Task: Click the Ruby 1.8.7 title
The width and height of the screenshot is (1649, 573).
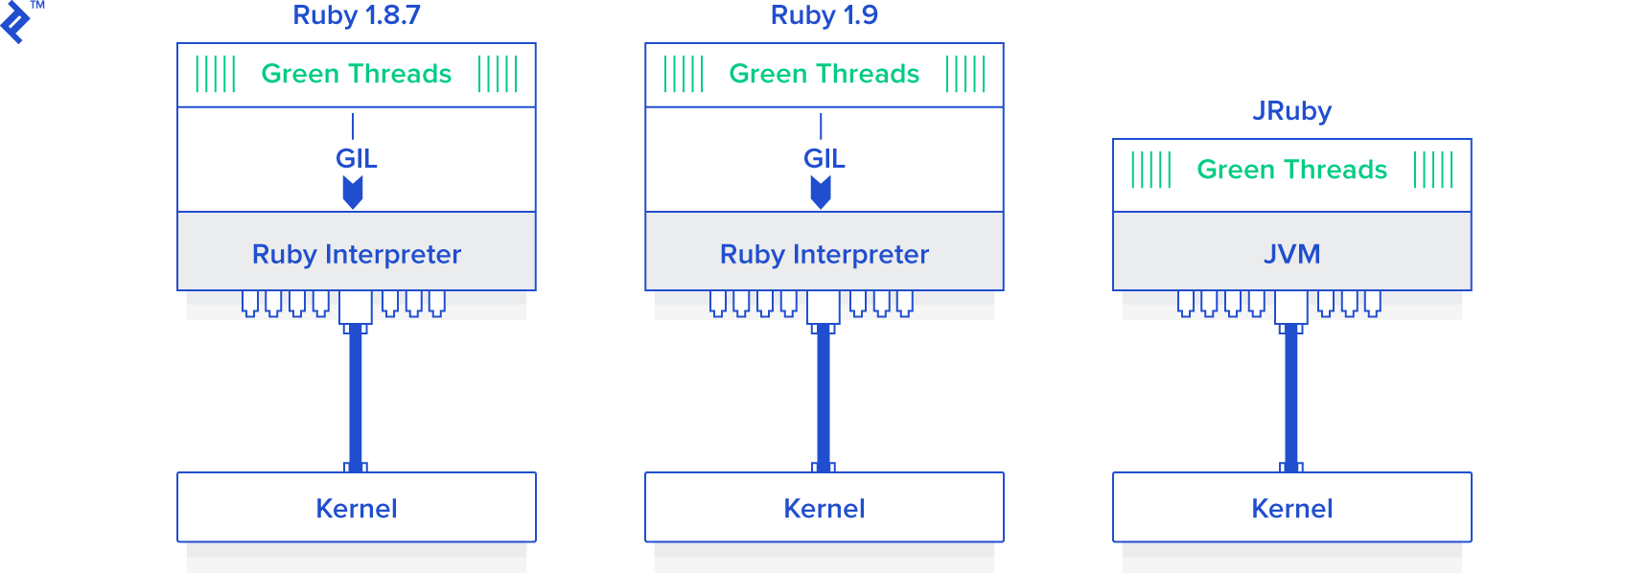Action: [x=356, y=15]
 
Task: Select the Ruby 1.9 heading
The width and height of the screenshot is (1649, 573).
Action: [x=824, y=15]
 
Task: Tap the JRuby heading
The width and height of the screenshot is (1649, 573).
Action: [x=1291, y=111]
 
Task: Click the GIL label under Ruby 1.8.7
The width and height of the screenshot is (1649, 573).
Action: [x=356, y=158]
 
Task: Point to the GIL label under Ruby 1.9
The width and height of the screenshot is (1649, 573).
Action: [x=824, y=158]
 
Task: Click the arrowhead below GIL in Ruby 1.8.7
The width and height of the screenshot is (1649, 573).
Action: [x=353, y=194]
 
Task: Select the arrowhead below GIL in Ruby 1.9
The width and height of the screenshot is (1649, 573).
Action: [x=821, y=194]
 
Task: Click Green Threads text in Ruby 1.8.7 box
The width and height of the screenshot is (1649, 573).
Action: [x=356, y=74]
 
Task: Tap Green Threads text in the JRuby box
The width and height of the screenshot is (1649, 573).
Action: [x=1291, y=170]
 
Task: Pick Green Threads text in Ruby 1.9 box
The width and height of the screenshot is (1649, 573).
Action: [x=824, y=74]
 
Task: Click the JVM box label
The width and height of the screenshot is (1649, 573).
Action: [x=1291, y=254]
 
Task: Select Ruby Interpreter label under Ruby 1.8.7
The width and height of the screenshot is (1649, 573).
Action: [x=356, y=254]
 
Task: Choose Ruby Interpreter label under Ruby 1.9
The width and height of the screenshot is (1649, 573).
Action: [x=824, y=254]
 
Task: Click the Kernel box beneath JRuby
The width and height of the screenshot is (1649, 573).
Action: [x=1291, y=508]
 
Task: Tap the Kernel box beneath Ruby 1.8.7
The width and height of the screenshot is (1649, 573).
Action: [x=356, y=508]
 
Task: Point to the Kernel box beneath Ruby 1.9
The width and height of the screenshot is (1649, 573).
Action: [x=824, y=508]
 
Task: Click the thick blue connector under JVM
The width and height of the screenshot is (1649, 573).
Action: [x=1291, y=398]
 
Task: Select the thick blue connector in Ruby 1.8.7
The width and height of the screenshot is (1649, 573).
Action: [x=356, y=398]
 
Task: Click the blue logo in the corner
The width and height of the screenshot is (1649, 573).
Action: [x=15, y=22]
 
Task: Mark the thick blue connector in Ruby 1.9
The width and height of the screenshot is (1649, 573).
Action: [x=824, y=398]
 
